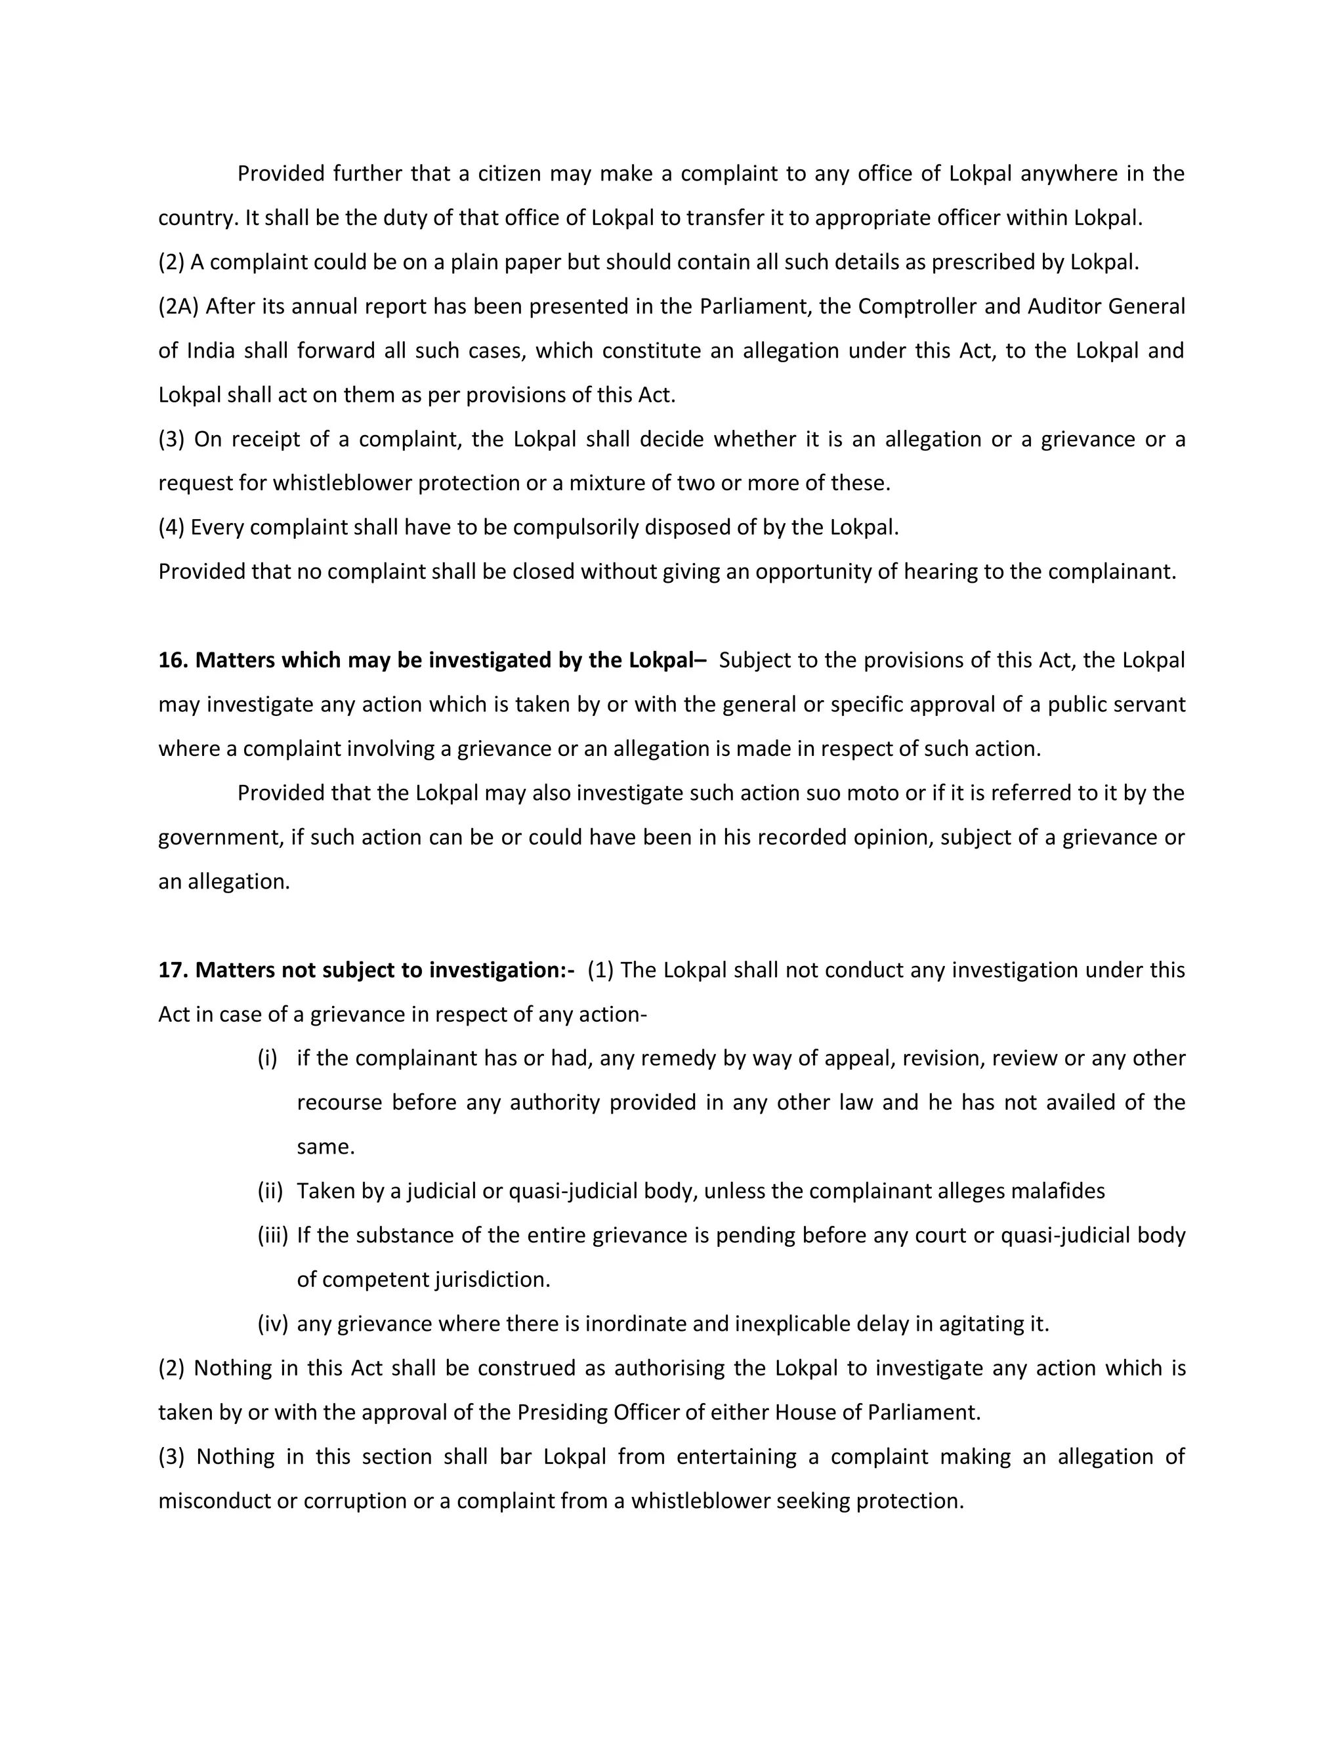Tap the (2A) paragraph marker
tap(178, 306)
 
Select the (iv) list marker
tap(272, 1324)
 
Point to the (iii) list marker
tap(272, 1235)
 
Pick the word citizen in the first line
tap(509, 174)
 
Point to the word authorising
tap(669, 1368)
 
